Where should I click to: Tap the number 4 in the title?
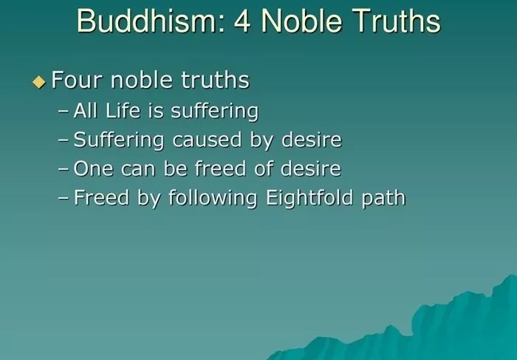(242, 21)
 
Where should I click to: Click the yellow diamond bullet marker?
(39, 82)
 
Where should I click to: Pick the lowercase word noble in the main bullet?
(141, 80)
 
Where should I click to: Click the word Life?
(123, 110)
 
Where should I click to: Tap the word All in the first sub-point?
(86, 110)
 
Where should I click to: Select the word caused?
(207, 139)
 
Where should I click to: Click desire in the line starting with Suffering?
(312, 139)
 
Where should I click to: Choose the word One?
(93, 169)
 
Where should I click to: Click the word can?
(138, 169)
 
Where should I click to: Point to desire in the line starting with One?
(311, 169)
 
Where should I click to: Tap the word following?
(213, 198)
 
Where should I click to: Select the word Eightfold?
(309, 198)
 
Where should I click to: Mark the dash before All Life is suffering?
(64, 112)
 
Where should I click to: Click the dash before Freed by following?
(64, 199)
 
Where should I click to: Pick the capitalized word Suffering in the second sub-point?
(118, 140)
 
